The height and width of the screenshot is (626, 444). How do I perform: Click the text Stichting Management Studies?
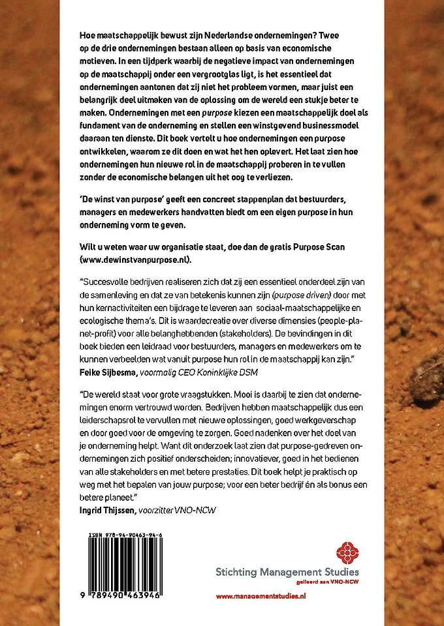pos(287,573)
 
